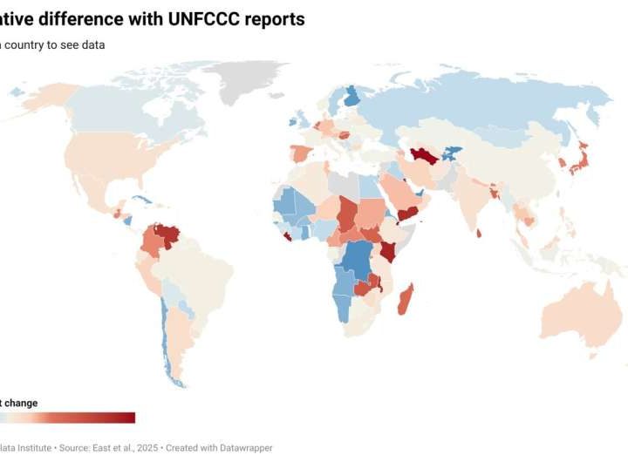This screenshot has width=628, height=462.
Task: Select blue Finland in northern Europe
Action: click(352, 95)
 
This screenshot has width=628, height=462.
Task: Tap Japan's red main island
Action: click(578, 162)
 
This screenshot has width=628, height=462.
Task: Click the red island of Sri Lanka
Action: click(479, 233)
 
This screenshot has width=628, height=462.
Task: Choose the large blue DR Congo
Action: click(358, 262)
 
